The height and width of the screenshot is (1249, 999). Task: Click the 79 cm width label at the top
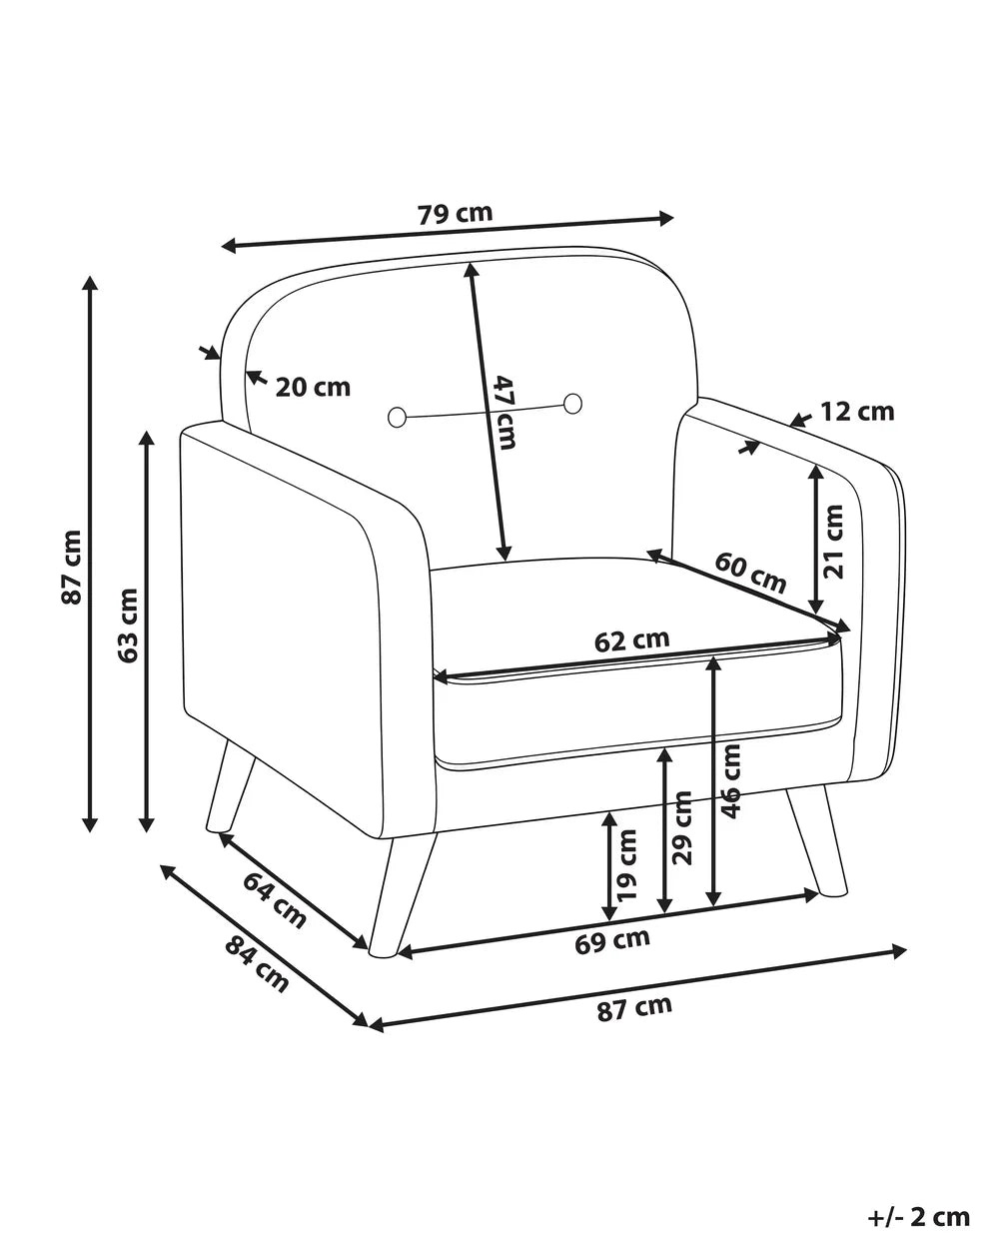[455, 213]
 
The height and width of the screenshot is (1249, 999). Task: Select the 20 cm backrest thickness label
[313, 387]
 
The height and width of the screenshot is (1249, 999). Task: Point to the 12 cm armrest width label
[857, 412]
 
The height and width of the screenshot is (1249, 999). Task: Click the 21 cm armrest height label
[833, 542]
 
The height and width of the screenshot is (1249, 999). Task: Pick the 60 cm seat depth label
[750, 573]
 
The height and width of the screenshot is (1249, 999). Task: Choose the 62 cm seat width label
[631, 640]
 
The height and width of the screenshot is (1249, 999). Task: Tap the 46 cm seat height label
[731, 780]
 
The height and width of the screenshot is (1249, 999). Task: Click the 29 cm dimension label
[681, 827]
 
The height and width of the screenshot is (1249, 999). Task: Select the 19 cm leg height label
[627, 864]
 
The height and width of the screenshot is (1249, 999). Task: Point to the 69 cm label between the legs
[612, 941]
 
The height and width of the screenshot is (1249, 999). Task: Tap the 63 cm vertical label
[127, 625]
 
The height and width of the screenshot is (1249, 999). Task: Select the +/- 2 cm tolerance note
[919, 1212]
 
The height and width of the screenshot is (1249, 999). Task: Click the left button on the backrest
[397, 417]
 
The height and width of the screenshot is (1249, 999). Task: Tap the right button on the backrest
[573, 404]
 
